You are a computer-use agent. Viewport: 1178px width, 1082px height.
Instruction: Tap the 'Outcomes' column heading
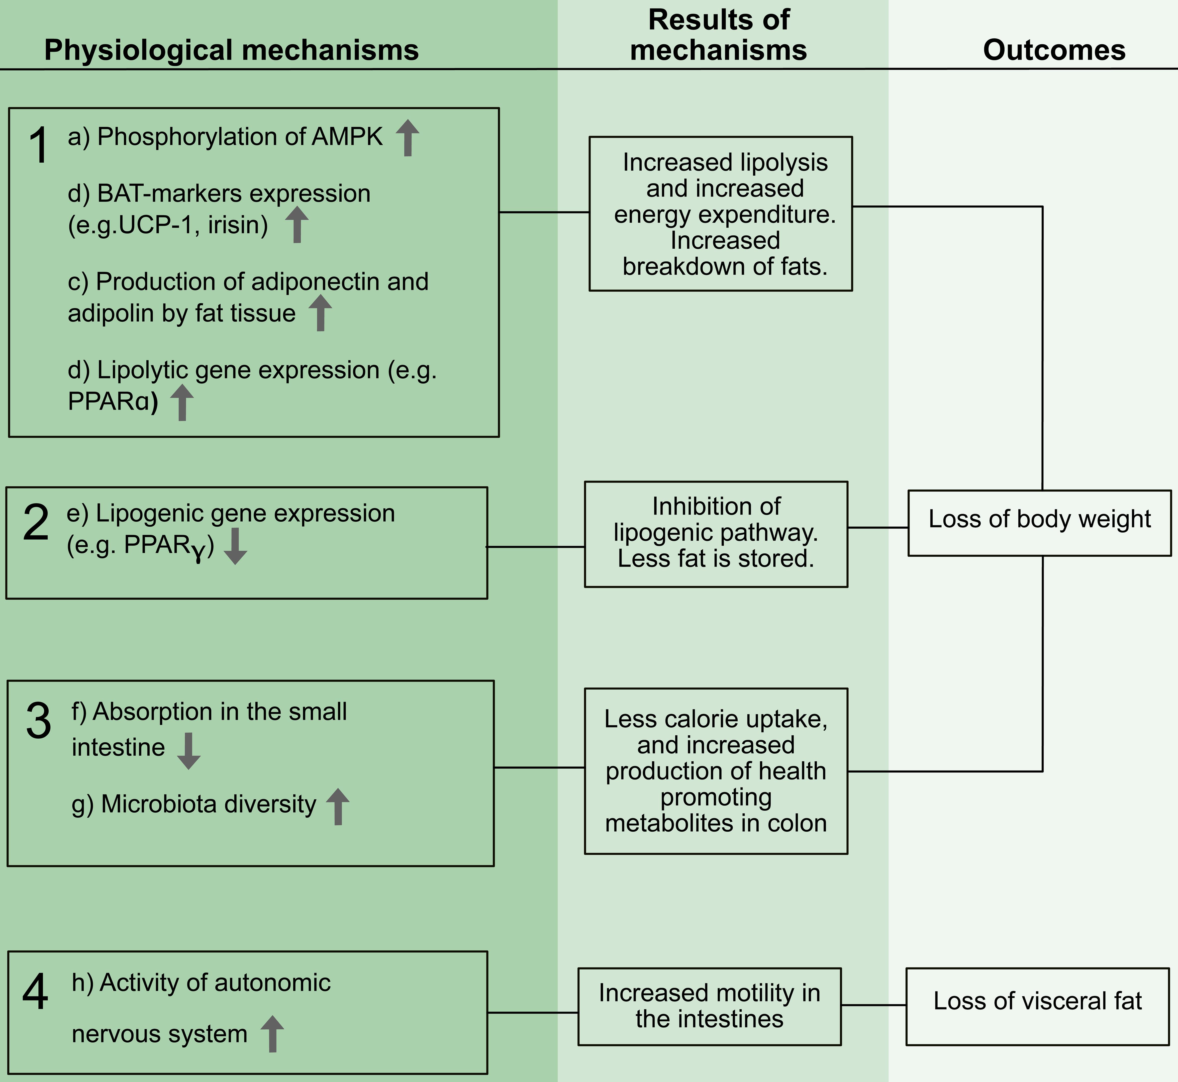coord(1054,50)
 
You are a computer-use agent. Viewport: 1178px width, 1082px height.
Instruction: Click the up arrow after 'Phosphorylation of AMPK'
coord(407,138)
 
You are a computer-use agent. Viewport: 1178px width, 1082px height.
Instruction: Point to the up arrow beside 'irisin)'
coord(297,225)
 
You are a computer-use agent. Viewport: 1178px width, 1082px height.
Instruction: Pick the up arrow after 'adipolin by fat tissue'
coord(320,313)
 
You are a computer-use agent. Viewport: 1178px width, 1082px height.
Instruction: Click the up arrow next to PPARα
coord(182,403)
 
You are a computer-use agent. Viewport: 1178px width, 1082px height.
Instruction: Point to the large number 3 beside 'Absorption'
coord(39,721)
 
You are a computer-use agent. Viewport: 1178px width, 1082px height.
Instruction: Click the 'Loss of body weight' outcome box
coord(1039,523)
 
